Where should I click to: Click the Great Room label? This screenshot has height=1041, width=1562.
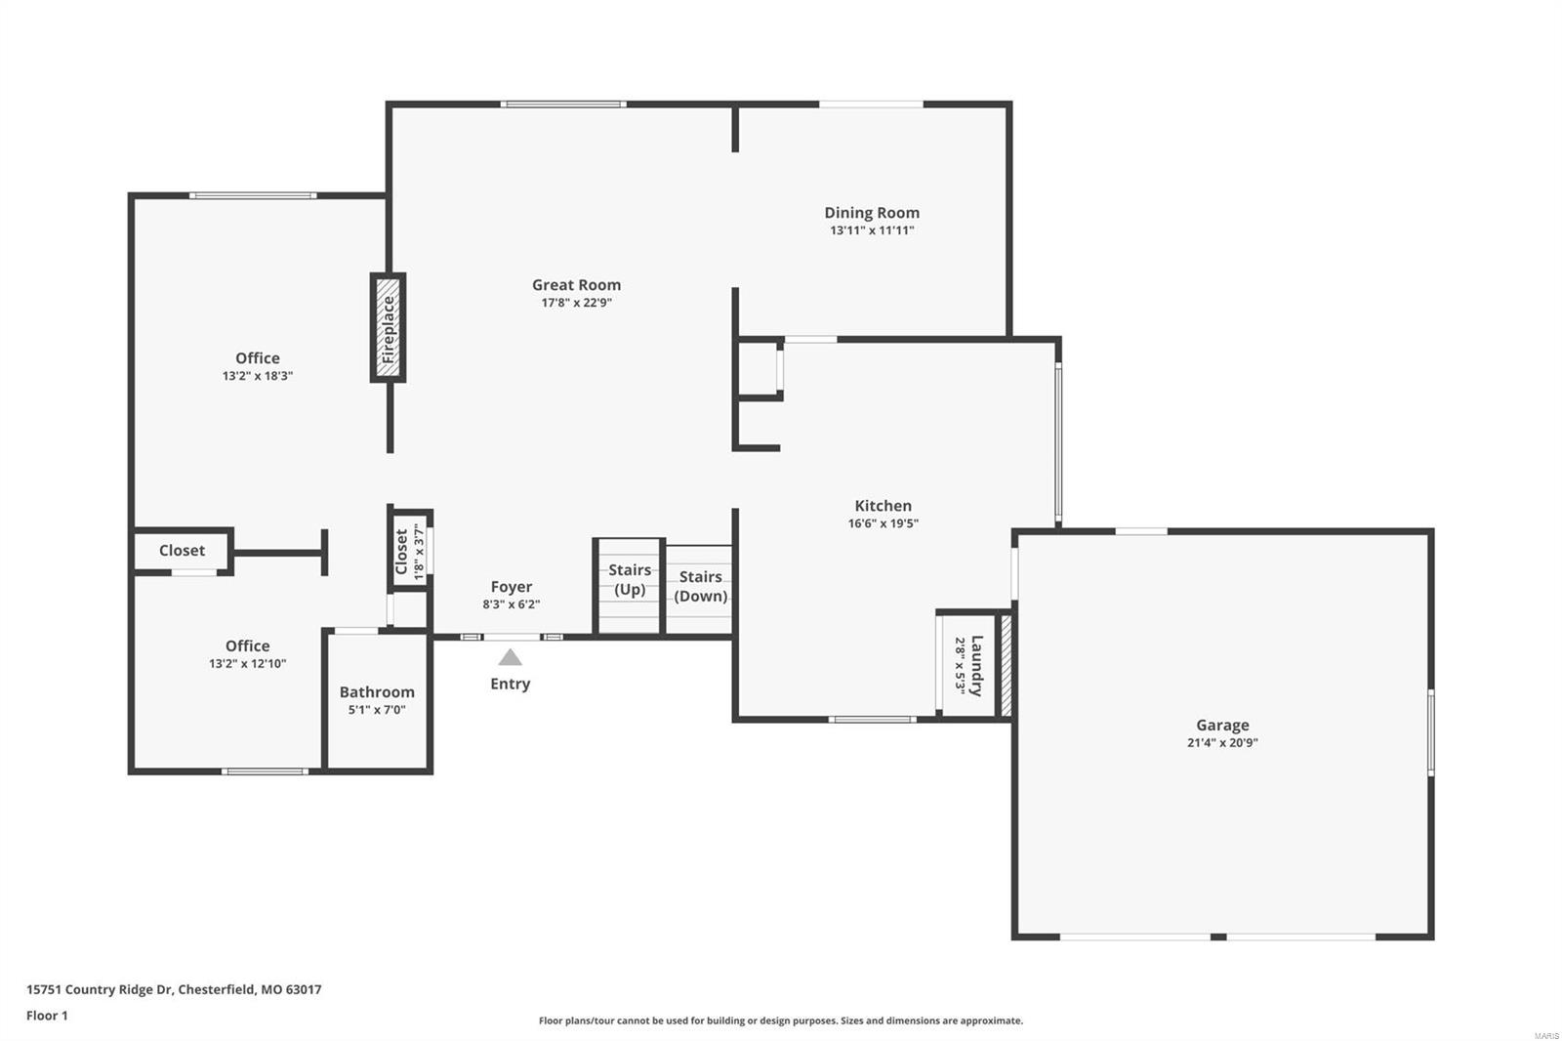576,285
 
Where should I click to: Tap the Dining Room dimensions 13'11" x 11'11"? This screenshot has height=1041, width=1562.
872,230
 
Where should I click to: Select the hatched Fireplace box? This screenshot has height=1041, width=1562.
388,328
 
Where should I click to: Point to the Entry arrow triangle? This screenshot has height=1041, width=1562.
510,658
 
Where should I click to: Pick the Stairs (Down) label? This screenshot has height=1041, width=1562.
700,586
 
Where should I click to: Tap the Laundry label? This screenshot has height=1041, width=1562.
977,665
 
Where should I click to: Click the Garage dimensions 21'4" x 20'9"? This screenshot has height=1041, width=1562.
1222,742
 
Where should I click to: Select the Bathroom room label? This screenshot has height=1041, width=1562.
377,692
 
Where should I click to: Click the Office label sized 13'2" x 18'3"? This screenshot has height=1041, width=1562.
257,358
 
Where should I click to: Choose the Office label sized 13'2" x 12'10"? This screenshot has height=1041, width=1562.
247,646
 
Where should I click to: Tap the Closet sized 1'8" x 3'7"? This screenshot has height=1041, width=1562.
410,553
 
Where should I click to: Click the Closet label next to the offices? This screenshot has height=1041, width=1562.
182,551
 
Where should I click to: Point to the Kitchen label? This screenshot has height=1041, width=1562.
883,506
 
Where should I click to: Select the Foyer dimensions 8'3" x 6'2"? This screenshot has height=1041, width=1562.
511,604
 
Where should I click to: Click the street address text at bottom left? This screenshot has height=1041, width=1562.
174,989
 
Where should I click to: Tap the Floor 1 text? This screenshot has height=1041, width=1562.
47,1016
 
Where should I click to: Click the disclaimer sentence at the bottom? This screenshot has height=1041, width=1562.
781,1020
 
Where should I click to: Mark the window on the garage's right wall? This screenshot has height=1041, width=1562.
1430,732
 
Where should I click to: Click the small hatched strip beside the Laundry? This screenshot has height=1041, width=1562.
1007,666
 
